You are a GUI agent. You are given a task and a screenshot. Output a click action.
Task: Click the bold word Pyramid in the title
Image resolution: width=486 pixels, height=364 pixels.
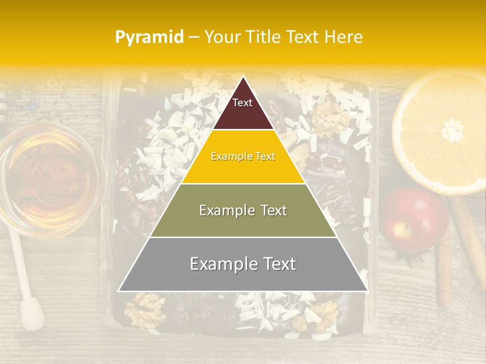click(x=149, y=37)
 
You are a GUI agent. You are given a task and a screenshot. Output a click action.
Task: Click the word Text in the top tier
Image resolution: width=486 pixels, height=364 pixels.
click(x=242, y=103)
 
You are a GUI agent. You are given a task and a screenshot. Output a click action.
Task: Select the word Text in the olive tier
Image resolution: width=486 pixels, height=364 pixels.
click(x=271, y=210)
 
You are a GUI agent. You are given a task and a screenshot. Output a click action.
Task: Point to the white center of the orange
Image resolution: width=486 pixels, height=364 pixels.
click(x=452, y=131)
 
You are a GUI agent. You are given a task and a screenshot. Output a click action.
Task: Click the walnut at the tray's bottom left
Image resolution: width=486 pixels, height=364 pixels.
click(x=145, y=310)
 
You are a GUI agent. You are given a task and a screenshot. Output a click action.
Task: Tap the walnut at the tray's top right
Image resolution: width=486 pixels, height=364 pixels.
click(x=330, y=117)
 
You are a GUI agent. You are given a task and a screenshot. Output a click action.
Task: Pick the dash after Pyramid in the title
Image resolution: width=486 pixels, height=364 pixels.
click(x=194, y=37)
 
